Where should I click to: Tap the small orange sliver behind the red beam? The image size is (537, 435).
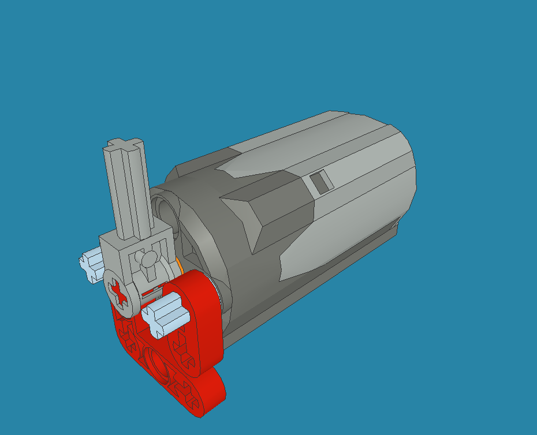tap(181, 267)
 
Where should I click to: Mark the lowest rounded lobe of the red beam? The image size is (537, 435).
tap(202, 395)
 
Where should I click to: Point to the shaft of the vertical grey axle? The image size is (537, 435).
tap(130, 190)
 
